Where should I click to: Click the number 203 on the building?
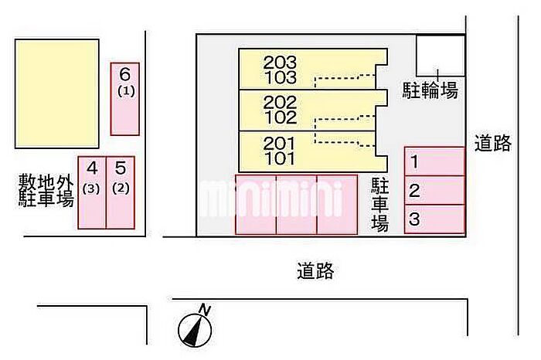(x=280, y=63)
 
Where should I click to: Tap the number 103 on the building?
(x=280, y=77)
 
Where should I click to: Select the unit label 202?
(x=280, y=103)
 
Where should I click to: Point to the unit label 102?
(x=280, y=117)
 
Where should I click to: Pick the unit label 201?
(x=280, y=144)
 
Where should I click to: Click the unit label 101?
(x=280, y=159)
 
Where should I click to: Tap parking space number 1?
(x=434, y=162)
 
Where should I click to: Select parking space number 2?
(x=434, y=191)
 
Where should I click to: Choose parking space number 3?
(x=434, y=219)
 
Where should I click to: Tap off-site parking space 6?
(x=125, y=97)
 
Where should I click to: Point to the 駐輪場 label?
(x=430, y=90)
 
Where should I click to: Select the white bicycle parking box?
(x=441, y=56)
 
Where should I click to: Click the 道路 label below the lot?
(x=315, y=271)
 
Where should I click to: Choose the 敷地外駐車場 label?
(x=46, y=191)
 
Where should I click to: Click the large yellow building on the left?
(x=57, y=93)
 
